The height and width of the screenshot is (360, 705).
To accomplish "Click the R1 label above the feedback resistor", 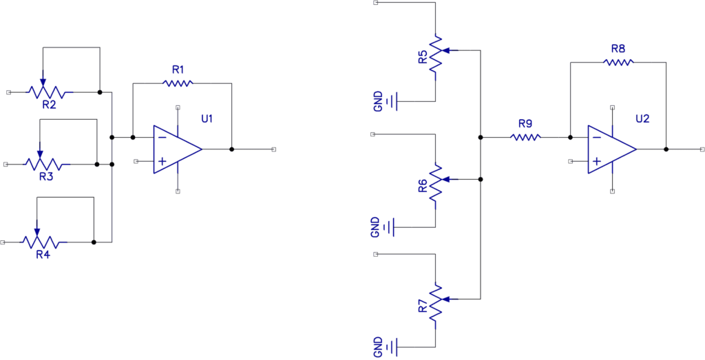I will click(178, 70).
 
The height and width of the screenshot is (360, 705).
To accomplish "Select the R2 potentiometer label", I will click(49, 105).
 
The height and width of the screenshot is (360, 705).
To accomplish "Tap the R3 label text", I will click(46, 177).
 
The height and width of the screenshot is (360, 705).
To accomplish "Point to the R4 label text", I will click(43, 254).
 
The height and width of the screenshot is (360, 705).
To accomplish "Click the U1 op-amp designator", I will click(207, 119).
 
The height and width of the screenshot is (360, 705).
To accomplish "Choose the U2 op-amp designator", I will click(642, 119).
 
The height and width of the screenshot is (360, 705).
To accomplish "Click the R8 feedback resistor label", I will click(618, 48).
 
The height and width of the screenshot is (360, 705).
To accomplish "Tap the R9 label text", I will click(525, 124).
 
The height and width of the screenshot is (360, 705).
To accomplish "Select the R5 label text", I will click(423, 57).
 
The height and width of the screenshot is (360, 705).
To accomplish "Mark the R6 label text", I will click(423, 186).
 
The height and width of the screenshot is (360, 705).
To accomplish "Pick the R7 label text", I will click(423, 306).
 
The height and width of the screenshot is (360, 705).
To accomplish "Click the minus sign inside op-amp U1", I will click(162, 137).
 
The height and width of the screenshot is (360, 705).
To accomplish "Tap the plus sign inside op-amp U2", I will click(596, 161).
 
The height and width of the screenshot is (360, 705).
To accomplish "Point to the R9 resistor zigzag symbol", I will click(525, 137).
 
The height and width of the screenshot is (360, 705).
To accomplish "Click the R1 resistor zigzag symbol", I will click(178, 83).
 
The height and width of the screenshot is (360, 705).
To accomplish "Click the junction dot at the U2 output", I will click(666, 149).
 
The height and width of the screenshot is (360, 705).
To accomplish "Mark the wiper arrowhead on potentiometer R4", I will click(37, 232).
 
